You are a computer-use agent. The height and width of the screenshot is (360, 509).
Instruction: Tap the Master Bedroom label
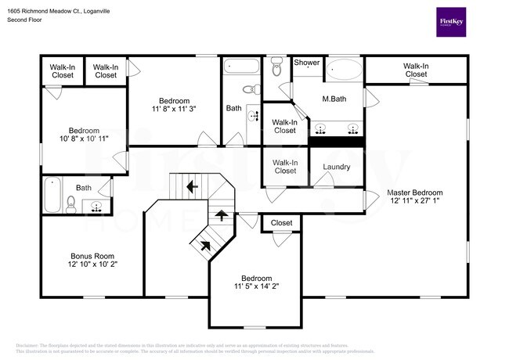point(414,193)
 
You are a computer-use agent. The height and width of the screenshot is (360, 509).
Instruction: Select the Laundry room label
point(336,167)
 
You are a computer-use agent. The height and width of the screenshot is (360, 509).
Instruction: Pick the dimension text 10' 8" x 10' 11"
point(83,139)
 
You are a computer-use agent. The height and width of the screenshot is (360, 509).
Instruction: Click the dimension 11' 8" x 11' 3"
point(174,110)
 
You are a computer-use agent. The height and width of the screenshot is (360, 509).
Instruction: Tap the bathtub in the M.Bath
point(345,71)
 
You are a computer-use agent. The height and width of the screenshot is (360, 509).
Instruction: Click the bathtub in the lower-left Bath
point(52,196)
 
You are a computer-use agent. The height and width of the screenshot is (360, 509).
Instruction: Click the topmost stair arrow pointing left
point(191,186)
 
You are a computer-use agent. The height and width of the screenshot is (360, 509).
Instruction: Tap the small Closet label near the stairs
point(281,223)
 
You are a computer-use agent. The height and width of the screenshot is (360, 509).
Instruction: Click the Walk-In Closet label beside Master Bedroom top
point(416,70)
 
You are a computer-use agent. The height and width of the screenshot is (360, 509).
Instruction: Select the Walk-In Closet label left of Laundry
point(284,166)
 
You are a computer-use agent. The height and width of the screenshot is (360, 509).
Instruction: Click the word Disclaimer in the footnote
point(29,344)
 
